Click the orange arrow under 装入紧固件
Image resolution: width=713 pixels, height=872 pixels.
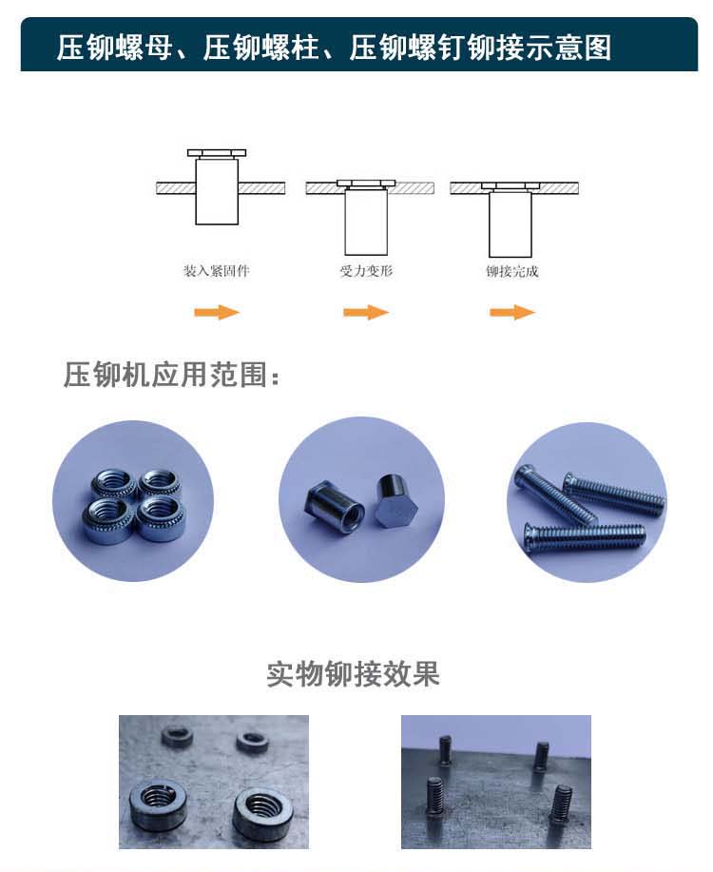[217, 312]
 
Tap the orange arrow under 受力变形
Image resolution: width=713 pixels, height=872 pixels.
[365, 312]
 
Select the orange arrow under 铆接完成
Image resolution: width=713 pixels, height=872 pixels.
[512, 312]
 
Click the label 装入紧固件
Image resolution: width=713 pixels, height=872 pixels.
[217, 271]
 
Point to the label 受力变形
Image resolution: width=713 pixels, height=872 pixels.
[367, 271]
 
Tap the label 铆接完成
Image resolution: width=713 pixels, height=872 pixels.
[512, 271]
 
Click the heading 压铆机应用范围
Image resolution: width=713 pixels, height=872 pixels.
[171, 375]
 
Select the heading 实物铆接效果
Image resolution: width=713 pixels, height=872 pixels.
[353, 674]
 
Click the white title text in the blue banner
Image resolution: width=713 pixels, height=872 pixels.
[335, 48]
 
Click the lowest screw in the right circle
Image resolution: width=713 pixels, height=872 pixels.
[585, 537]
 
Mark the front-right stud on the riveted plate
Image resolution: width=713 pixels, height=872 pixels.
[561, 804]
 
